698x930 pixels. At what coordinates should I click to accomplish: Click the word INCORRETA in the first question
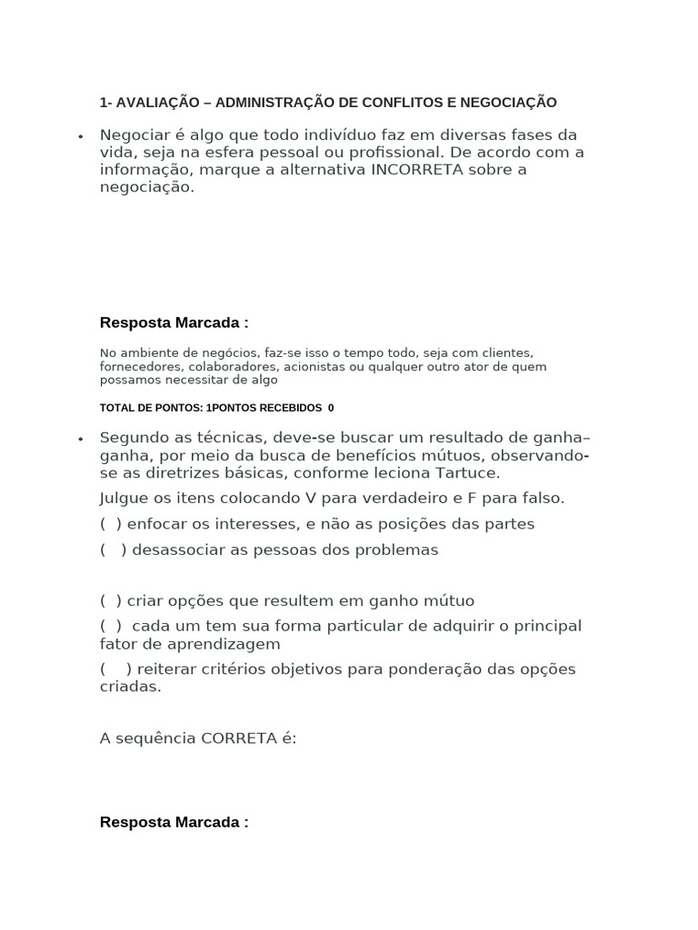click(x=418, y=170)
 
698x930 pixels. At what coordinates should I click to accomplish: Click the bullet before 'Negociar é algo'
click(x=81, y=136)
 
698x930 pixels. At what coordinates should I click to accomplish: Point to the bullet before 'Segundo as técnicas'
click(x=81, y=439)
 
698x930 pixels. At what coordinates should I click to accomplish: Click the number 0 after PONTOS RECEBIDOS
click(x=331, y=408)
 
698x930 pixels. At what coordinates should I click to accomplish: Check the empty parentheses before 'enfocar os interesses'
click(x=111, y=524)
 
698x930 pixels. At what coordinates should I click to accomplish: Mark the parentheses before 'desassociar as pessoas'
click(x=114, y=549)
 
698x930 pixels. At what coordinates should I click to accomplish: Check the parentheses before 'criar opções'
click(x=111, y=600)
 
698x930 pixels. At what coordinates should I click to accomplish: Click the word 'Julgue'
click(x=125, y=499)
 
